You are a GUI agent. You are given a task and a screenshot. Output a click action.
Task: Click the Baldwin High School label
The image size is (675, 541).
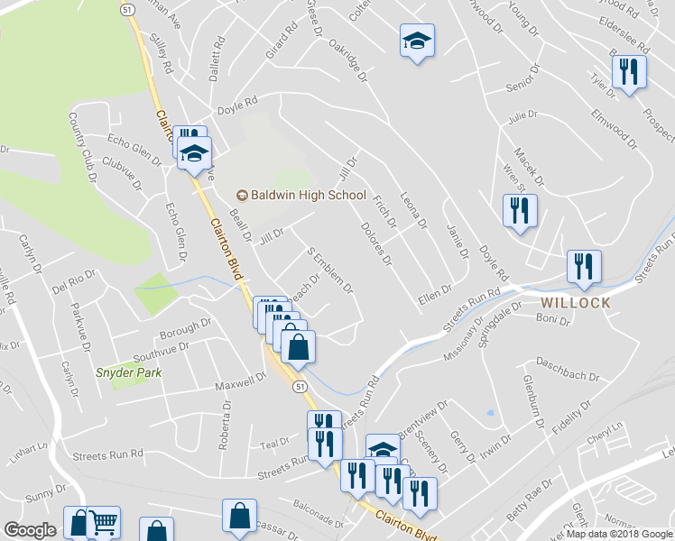click(301, 196)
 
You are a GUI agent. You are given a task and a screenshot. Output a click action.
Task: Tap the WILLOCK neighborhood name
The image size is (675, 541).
click(576, 303)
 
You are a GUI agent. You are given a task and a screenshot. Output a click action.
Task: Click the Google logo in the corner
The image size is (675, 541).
click(30, 530)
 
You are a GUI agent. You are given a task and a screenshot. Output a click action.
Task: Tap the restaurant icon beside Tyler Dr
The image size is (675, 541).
click(629, 73)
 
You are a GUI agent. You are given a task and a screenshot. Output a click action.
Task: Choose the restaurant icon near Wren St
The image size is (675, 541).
click(520, 211)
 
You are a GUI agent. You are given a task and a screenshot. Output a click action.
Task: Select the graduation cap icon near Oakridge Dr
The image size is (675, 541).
click(417, 41)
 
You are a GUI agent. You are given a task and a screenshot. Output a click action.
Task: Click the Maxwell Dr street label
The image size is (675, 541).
click(236, 387)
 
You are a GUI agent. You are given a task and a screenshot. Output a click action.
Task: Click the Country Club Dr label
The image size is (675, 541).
click(80, 143)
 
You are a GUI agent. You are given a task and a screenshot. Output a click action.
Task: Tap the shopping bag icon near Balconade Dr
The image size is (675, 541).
click(241, 517)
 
